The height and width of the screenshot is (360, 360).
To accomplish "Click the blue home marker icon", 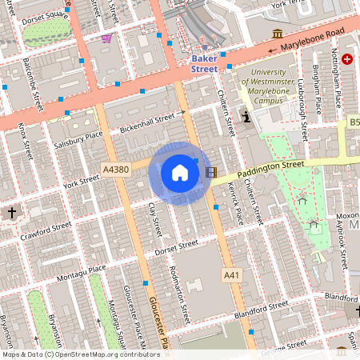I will pyautogui.click(x=179, y=172).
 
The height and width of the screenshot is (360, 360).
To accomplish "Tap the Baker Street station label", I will pyautogui.click(x=204, y=64).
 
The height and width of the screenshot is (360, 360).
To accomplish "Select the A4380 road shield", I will pyautogui.click(x=115, y=169).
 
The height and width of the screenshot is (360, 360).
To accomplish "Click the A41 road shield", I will pyautogui.click(x=231, y=274).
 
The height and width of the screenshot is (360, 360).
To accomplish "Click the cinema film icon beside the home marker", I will pyautogui.click(x=211, y=171).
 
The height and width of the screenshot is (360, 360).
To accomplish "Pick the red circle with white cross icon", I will pyautogui.click(x=347, y=59).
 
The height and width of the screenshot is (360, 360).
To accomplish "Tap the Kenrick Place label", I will pyautogui.click(x=235, y=203).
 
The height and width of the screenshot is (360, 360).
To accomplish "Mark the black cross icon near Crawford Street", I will pyautogui.click(x=11, y=214).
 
